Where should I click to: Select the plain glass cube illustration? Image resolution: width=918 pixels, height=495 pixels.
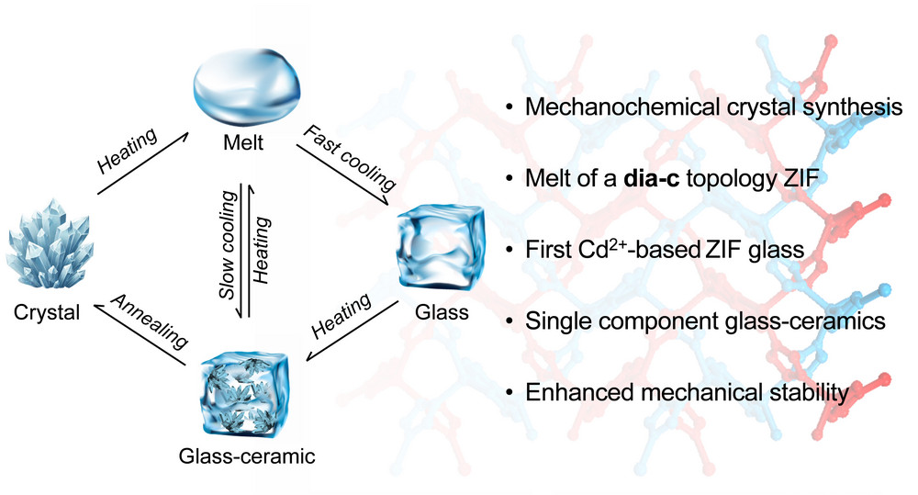pos(441,248)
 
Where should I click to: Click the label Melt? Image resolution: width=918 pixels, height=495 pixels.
pos(243,142)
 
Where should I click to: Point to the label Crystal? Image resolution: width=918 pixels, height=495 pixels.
pos(47,312)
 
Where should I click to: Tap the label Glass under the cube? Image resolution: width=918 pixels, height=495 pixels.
pos(442,312)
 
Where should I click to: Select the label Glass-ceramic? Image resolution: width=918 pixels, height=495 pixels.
pos(246,456)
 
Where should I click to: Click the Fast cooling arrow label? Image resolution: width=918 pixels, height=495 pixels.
pos(350,158)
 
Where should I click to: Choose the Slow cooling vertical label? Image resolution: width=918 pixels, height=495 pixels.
pos(228,245)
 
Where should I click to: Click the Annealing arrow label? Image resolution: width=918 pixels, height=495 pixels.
pos(150,321)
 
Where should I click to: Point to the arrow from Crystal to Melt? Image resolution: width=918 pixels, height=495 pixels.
pos(143,163)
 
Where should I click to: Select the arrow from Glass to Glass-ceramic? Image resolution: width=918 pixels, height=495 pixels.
pos(353,331)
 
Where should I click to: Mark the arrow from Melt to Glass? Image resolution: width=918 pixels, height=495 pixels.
pos(342,174)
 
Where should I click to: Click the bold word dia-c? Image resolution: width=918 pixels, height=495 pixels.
pos(652,178)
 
